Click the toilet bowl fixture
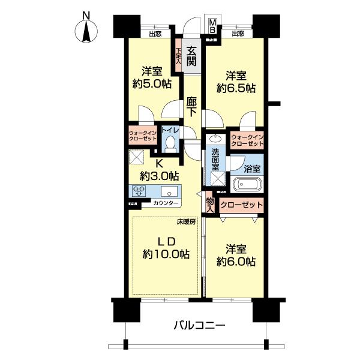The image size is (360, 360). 170,143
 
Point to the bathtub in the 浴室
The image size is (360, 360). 247,184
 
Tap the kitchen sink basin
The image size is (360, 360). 170,193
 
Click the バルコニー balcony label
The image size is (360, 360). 199,326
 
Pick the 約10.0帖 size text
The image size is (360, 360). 166,254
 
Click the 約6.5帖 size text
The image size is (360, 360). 236,88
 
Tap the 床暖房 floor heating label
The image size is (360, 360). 186,221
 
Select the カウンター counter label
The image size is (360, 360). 165,204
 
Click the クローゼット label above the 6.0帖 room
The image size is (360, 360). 242,205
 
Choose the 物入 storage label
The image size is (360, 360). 210,204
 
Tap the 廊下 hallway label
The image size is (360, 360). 191,106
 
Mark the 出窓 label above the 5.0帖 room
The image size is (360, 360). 155,34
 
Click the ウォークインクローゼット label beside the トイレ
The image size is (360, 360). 142,136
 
